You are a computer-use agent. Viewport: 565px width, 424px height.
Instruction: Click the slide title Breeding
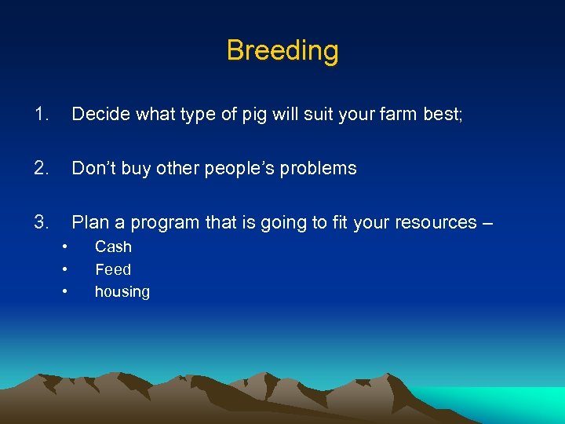click(x=282, y=50)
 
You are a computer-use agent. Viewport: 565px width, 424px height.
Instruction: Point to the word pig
click(x=255, y=115)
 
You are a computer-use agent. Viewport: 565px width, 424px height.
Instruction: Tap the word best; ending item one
click(x=443, y=115)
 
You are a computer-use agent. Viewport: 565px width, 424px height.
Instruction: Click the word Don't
click(x=92, y=168)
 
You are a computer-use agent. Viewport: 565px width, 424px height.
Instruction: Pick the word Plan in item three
click(x=88, y=222)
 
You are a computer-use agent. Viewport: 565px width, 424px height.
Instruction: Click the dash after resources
click(x=487, y=223)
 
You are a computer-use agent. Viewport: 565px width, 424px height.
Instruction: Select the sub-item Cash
click(x=113, y=247)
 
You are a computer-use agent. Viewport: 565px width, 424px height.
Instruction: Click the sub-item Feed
click(x=113, y=269)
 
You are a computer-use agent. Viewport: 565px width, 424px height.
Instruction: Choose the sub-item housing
click(x=122, y=292)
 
